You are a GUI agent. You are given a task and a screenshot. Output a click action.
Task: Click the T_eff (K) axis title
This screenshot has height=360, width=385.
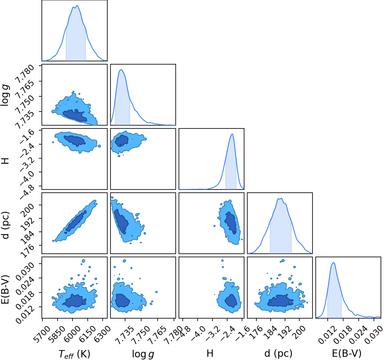[x=75, y=354]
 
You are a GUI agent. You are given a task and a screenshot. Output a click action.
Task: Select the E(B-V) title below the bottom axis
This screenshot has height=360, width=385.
[x=347, y=353]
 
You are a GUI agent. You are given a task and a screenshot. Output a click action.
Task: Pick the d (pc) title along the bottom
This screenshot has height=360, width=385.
[x=278, y=353]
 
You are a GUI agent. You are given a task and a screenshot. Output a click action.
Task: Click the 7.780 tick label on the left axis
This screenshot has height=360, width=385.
[x=25, y=74]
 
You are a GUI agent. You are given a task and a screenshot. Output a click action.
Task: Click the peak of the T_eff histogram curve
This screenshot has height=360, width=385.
[x=77, y=6]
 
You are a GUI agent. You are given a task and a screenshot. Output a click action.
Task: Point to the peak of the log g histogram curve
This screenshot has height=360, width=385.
[x=121, y=70]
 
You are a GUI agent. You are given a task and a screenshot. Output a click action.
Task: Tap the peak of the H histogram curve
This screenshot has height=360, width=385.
[x=232, y=134]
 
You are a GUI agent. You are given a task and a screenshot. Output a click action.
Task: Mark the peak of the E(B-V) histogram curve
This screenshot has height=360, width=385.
[x=334, y=262]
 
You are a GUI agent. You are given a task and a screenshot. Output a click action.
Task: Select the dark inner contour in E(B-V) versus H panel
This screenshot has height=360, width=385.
[x=231, y=301]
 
